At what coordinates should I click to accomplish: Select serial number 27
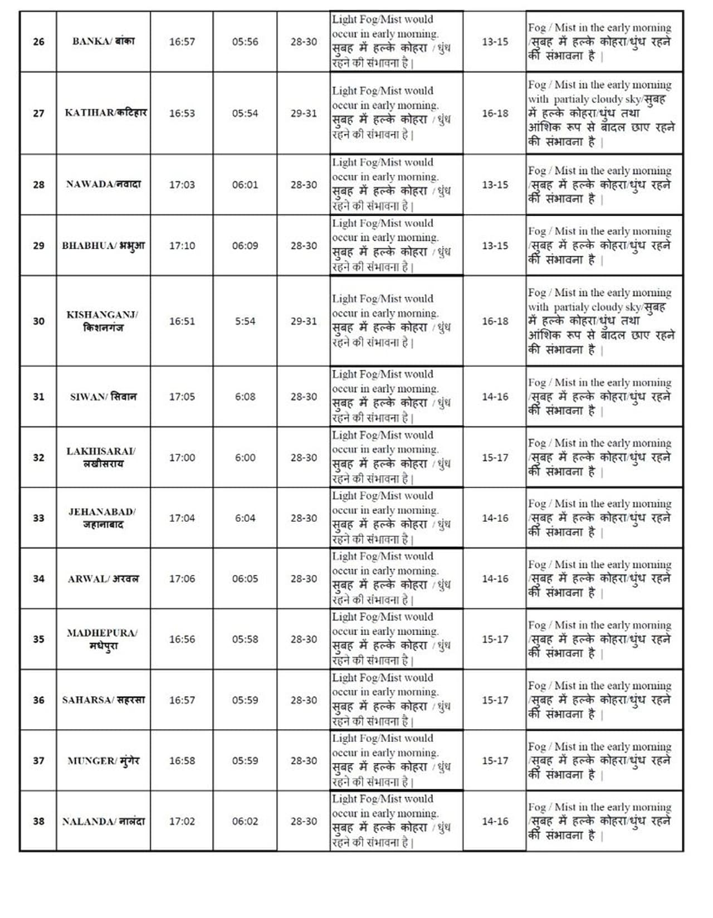(x=38, y=113)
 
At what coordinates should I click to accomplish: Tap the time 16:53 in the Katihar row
(x=182, y=113)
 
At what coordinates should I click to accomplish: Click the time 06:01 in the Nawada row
(x=245, y=184)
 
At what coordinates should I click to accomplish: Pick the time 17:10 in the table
(x=182, y=246)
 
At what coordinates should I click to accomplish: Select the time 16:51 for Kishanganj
(x=182, y=321)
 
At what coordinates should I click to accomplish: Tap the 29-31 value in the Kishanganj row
(x=304, y=321)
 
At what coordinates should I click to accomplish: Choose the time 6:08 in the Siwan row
(x=245, y=397)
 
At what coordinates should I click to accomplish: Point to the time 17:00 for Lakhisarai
(x=182, y=457)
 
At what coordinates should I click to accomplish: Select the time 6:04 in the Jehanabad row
(x=245, y=518)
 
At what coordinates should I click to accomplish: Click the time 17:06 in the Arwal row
(x=182, y=579)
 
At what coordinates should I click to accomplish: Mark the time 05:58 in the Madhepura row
(x=245, y=639)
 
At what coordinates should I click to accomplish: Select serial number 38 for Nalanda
(x=38, y=822)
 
